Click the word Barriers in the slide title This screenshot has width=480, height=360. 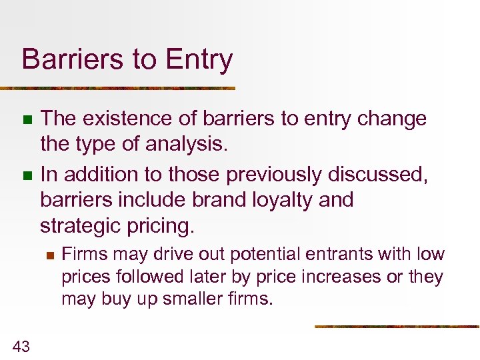click(x=63, y=60)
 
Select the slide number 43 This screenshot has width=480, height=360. click(x=21, y=345)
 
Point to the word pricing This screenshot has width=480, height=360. click(x=164, y=227)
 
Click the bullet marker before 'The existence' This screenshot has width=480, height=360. click(x=27, y=120)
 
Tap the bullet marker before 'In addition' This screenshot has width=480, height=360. click(x=27, y=176)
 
